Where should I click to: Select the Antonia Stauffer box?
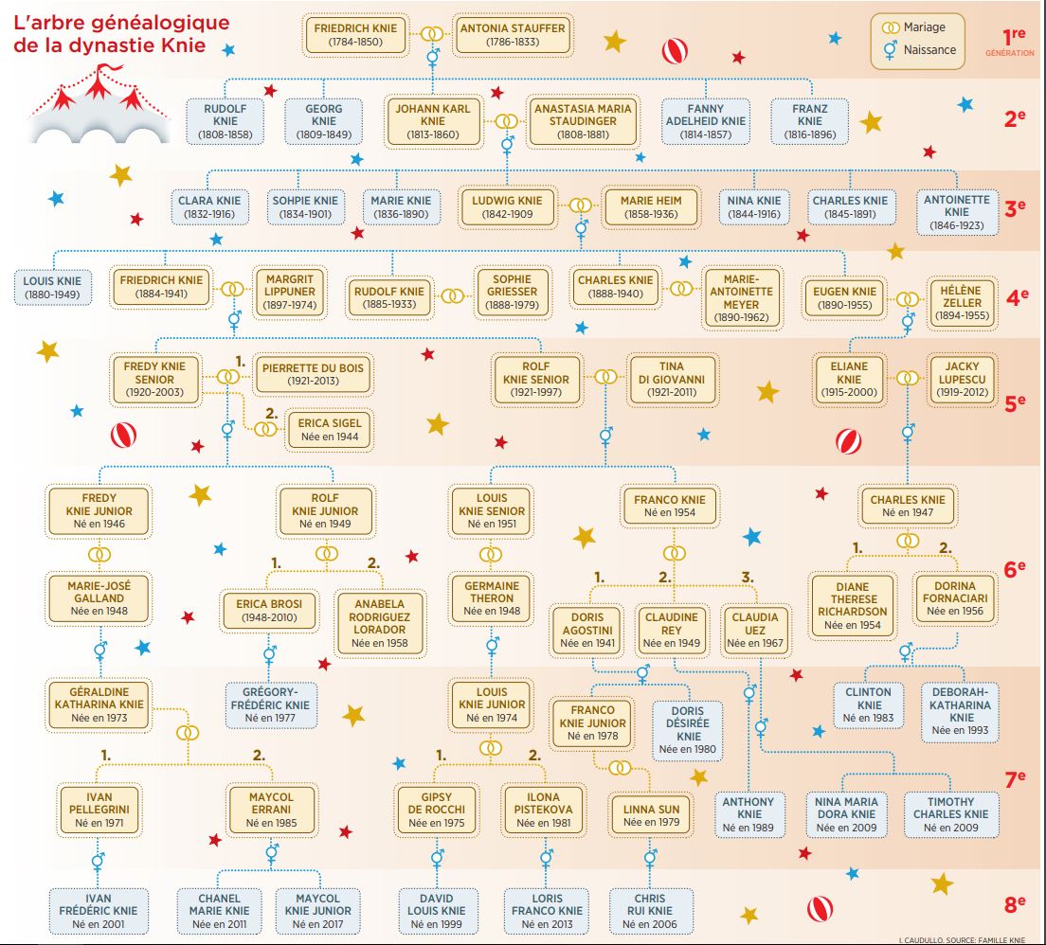[x=512, y=35]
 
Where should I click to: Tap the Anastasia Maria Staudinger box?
[x=582, y=121]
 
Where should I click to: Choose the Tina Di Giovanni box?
[x=676, y=380]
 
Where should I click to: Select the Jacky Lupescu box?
[x=961, y=380]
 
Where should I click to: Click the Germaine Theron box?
[x=491, y=598]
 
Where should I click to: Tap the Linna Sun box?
[x=650, y=816]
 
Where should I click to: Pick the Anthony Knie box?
[x=748, y=814]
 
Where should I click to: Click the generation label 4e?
[x=1016, y=296]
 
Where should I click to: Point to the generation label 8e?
[x=1016, y=905]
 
